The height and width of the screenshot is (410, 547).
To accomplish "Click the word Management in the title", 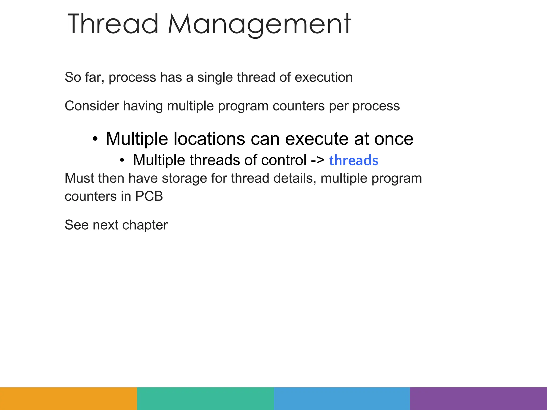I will (x=259, y=25).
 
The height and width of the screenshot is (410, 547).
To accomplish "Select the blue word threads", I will (x=354, y=160).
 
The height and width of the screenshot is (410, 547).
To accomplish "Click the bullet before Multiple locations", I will (x=95, y=139).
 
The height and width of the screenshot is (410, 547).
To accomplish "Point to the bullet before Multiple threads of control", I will (x=122, y=160).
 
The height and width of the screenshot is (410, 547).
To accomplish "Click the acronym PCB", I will (x=149, y=196).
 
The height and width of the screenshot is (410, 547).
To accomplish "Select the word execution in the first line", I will (x=324, y=77).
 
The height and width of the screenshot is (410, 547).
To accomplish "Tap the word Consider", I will (x=92, y=106).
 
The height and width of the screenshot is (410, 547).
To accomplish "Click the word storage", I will (x=184, y=178).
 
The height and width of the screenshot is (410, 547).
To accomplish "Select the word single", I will (x=215, y=77).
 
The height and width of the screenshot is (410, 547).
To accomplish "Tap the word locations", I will (x=209, y=139).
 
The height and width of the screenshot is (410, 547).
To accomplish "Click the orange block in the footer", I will (x=68, y=399).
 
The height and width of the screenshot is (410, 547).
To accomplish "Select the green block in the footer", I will (x=205, y=399).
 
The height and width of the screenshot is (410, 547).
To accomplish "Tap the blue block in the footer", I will (x=342, y=399).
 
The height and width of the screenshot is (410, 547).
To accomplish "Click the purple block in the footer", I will (x=478, y=399).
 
